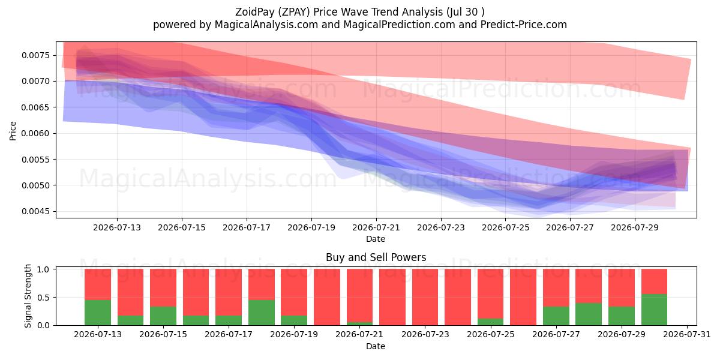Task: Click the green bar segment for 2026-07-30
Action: [x=654, y=310]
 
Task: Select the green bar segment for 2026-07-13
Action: [x=98, y=313]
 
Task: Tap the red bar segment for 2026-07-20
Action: [x=326, y=297]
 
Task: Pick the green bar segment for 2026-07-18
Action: [x=262, y=313]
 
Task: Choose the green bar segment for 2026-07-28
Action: [x=589, y=314]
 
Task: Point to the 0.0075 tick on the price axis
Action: [x=36, y=55]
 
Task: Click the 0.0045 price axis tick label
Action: [x=36, y=211]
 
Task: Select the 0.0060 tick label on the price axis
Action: [x=36, y=133]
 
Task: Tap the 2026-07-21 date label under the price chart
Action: [x=376, y=227]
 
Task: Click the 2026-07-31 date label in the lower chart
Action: [x=687, y=334]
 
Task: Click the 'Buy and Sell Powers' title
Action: [x=376, y=257]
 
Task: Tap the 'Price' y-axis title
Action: [x=13, y=131]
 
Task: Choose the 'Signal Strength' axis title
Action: [x=28, y=296]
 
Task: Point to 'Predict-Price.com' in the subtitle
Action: [x=524, y=25]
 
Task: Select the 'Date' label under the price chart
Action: [x=376, y=239]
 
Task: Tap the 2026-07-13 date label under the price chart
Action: [x=117, y=227]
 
